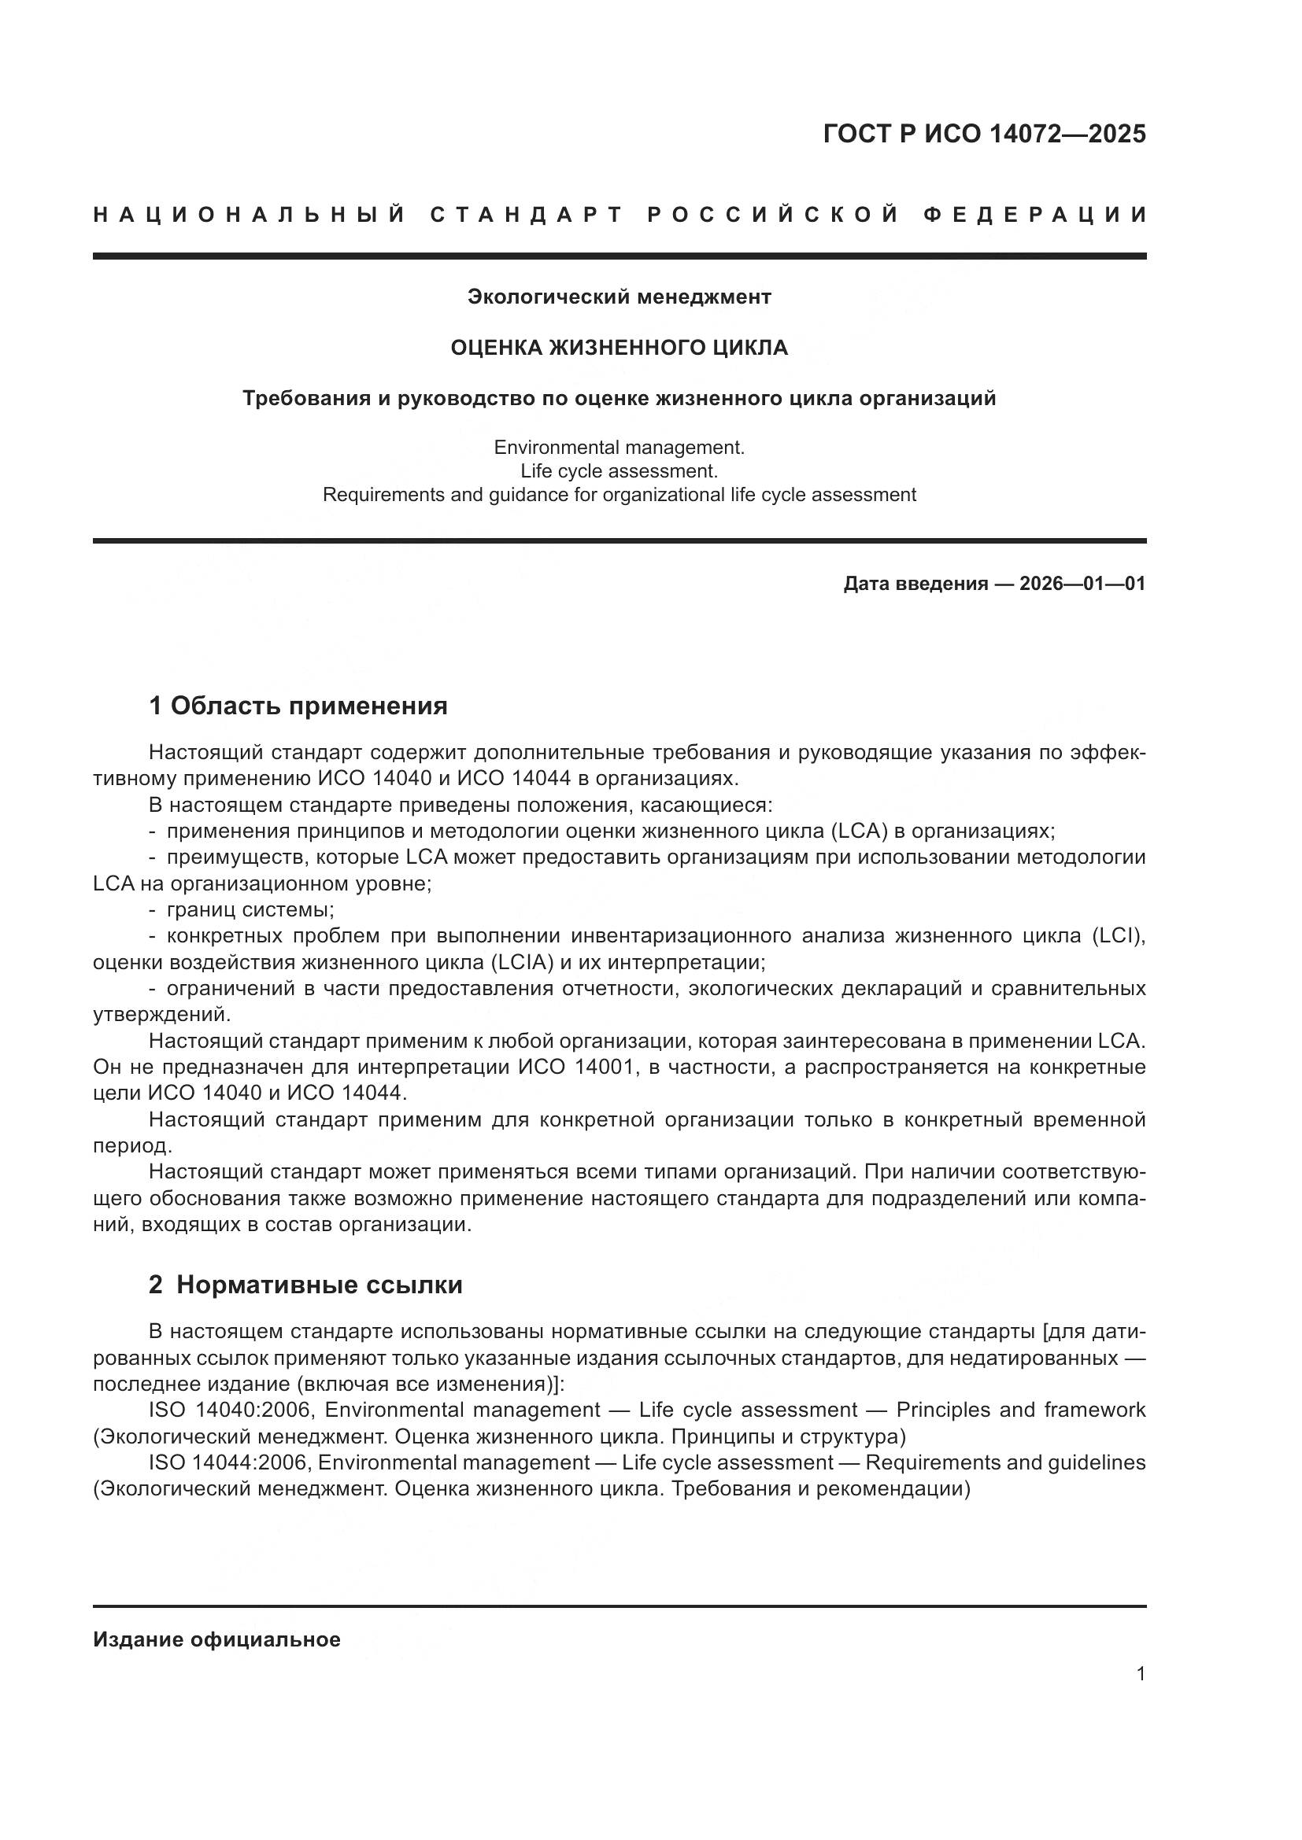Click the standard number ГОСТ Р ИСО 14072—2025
click(984, 134)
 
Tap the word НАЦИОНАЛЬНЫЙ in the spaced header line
click(250, 215)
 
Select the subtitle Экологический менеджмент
click(619, 297)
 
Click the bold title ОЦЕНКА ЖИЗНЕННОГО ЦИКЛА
click(619, 348)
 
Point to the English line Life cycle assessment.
click(619, 471)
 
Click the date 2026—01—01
click(1082, 584)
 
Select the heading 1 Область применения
click(298, 706)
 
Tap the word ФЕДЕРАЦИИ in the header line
click(1035, 215)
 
